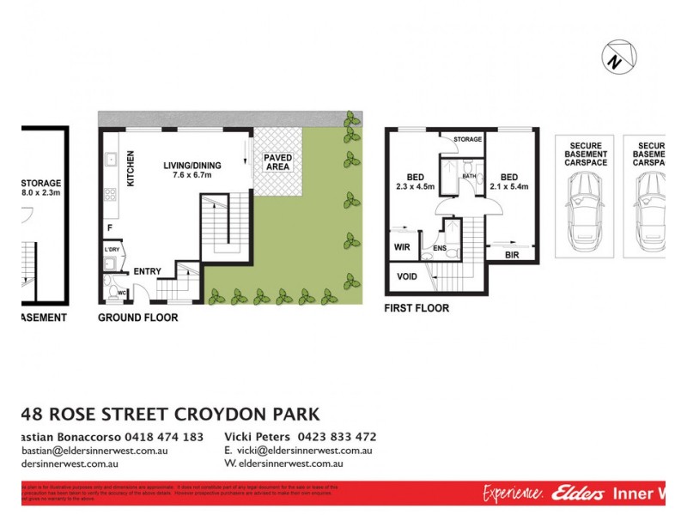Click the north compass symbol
click(x=618, y=58)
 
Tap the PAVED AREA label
click(x=277, y=162)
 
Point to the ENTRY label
click(x=147, y=272)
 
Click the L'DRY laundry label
click(x=111, y=249)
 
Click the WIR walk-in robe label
click(x=402, y=247)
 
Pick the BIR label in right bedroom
click(x=512, y=255)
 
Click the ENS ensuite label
click(x=440, y=249)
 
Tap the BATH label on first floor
click(x=469, y=176)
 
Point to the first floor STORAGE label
click(x=468, y=139)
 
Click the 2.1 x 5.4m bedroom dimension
click(x=508, y=186)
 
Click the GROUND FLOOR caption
click(x=137, y=318)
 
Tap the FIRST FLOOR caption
click(x=417, y=308)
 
